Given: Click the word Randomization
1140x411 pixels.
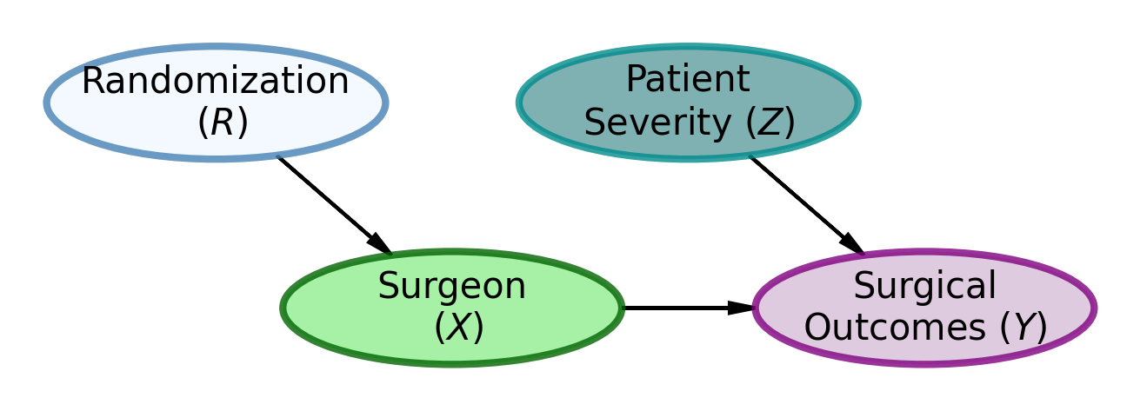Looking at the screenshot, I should click(215, 83).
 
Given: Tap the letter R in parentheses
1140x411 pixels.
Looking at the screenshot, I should click(223, 123).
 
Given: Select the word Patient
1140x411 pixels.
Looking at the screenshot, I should click(687, 80).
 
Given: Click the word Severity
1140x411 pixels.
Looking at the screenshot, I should click(659, 123).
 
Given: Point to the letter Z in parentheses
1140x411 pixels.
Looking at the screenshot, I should click(770, 123).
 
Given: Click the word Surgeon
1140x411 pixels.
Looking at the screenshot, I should click(451, 287).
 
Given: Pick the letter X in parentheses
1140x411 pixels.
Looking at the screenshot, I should click(458, 328).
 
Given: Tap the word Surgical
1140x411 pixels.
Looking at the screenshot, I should click(923, 287).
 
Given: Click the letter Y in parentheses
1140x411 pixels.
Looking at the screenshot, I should click(1027, 328).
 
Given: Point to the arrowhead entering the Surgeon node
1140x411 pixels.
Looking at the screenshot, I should click(380, 245).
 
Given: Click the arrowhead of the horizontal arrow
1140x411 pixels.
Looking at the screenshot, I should click(741, 308).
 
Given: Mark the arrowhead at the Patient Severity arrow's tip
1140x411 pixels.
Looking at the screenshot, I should click(852, 244).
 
